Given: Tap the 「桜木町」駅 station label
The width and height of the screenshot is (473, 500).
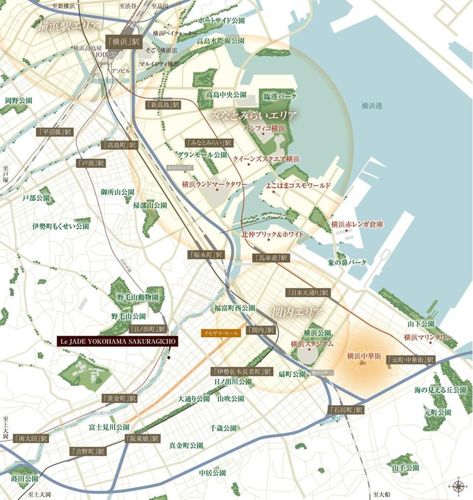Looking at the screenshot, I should coord(206,254).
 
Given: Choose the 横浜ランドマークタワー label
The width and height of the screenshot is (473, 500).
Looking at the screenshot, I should coord(215,184).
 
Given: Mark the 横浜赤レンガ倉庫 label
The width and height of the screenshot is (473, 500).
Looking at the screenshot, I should coord(357,225).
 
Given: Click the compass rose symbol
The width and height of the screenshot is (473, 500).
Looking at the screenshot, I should coord(458,485).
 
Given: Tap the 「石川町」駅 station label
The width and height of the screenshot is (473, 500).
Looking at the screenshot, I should coord(346,410).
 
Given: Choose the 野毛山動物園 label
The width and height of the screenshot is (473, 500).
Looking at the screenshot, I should coord(135,297).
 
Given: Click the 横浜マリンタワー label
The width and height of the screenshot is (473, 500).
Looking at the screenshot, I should coord(428,337).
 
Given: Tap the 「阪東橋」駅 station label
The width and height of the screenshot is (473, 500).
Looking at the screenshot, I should coord(142,439).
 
